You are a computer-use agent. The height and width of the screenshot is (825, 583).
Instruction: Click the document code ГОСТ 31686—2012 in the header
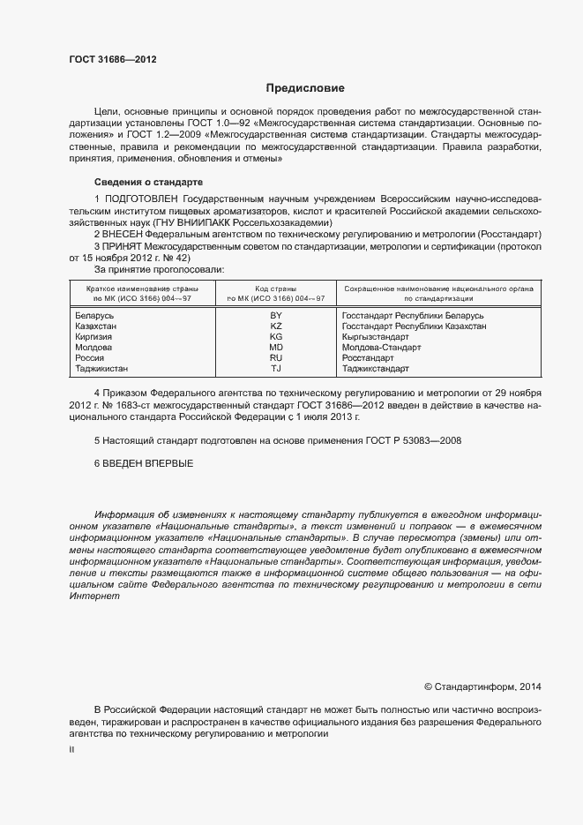coord(112,59)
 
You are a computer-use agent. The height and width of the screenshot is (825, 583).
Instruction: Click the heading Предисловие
coord(305,88)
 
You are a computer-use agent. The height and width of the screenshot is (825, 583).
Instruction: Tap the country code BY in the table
coord(276,315)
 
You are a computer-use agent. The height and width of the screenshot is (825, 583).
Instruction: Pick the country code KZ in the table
coord(276,326)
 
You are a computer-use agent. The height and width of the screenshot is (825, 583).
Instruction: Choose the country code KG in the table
coord(276,337)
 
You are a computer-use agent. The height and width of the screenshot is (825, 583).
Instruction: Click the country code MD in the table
coord(276,348)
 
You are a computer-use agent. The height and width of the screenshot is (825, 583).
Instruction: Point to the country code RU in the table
coord(276,358)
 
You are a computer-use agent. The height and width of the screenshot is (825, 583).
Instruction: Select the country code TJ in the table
coord(276,369)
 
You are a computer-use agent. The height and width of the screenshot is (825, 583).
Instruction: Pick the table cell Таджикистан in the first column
coord(101,369)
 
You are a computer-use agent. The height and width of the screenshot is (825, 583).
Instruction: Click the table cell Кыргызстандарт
coord(375,337)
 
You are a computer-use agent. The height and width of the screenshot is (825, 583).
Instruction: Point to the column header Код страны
coord(275,289)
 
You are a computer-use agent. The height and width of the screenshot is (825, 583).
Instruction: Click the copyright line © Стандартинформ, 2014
coord(483,686)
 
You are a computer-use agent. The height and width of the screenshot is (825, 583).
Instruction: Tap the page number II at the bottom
coord(71,748)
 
